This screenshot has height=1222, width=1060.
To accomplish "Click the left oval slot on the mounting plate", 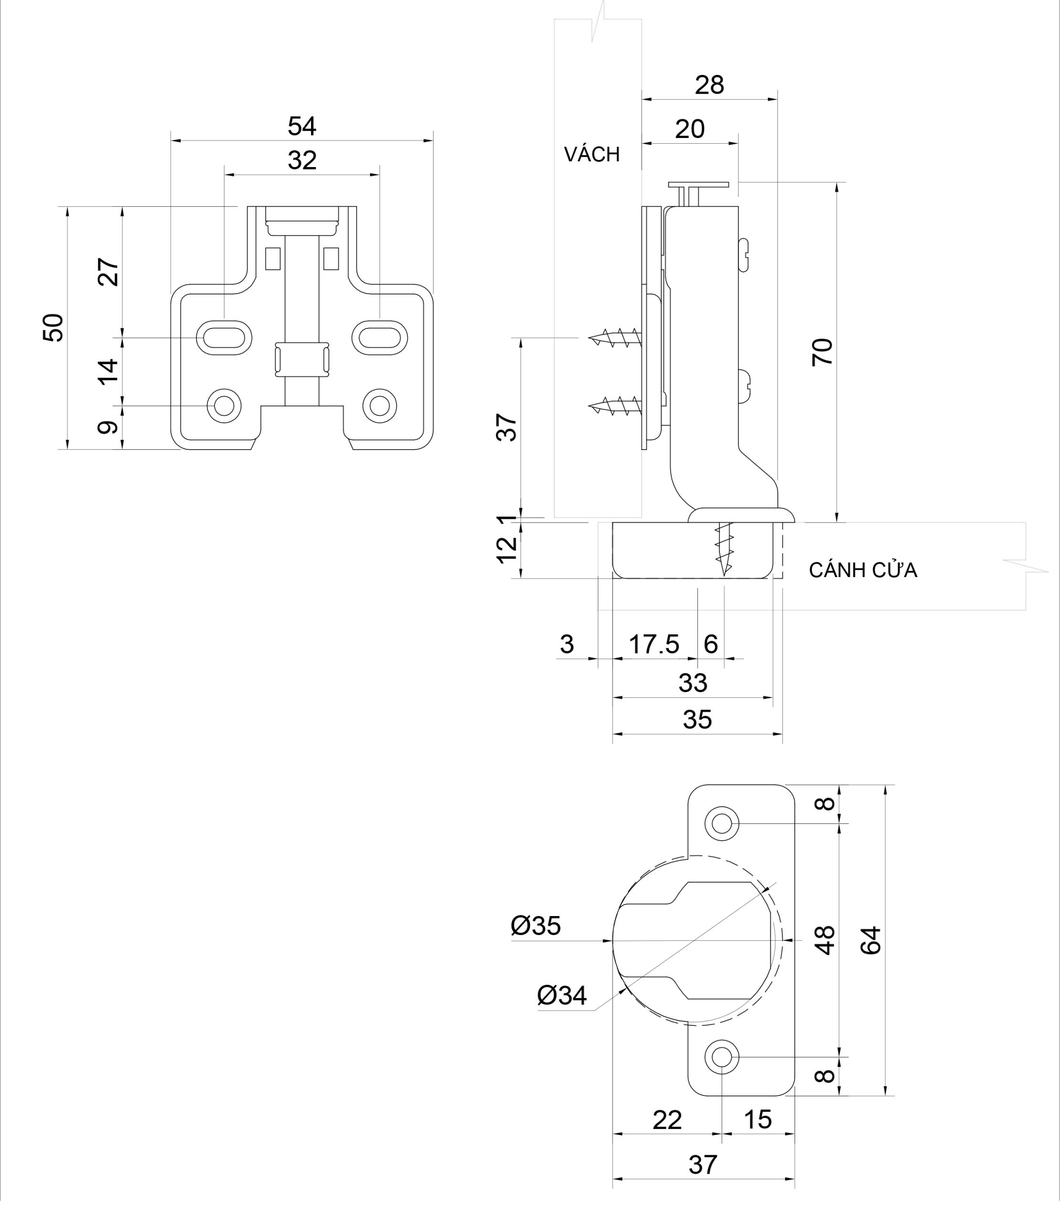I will click(224, 338).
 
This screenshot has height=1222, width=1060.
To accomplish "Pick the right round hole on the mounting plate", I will click(379, 406).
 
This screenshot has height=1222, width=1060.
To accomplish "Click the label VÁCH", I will click(592, 155).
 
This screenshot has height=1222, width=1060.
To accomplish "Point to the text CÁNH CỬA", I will click(863, 570).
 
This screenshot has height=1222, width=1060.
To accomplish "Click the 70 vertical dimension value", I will click(823, 352).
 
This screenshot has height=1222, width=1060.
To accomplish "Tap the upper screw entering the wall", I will click(615, 338).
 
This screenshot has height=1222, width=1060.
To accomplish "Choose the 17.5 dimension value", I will click(654, 644).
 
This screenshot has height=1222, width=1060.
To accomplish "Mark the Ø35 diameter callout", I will click(535, 926).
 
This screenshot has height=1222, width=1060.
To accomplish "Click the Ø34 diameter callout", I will click(561, 995).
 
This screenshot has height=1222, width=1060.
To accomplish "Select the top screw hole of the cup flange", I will click(722, 823).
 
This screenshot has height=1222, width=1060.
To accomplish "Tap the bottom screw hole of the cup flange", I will click(722, 1057).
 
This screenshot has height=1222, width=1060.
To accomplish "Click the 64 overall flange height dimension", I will click(871, 940).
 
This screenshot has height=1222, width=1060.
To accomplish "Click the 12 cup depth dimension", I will click(508, 550).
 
